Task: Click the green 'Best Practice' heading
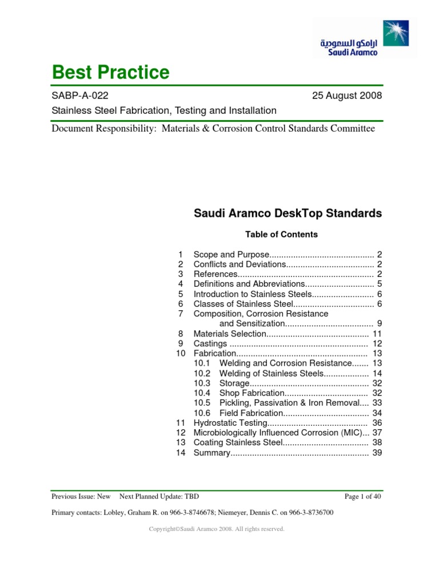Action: click(110, 73)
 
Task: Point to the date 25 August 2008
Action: click(346, 96)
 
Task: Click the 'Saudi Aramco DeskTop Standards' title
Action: click(288, 214)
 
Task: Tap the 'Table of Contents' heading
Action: click(281, 234)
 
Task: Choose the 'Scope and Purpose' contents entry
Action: click(231, 254)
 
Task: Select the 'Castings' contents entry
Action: click(211, 343)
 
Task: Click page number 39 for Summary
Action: click(377, 453)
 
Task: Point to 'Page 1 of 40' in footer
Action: click(363, 497)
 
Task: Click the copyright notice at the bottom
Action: click(216, 529)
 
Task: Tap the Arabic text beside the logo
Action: click(349, 43)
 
